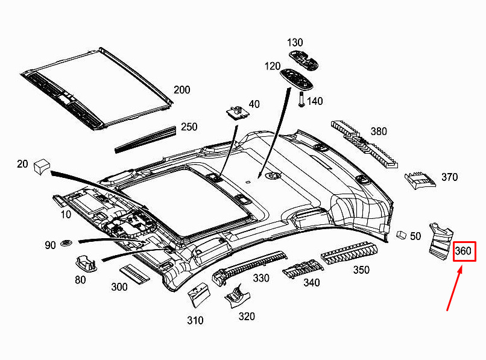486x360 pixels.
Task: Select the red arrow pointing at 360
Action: [455, 288]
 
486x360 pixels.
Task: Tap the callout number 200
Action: [181, 90]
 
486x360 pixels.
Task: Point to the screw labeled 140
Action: [301, 99]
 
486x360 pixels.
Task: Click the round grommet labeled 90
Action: [66, 243]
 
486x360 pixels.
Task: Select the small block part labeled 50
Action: [402, 235]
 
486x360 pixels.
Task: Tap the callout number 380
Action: [379, 131]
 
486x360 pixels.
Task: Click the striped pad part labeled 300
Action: [134, 274]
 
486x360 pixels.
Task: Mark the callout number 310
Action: [195, 320]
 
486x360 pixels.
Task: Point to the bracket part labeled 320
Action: [237, 296]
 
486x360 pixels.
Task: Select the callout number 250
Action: [189, 127]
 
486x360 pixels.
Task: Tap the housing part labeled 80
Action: [86, 263]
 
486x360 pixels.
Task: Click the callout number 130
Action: [295, 42]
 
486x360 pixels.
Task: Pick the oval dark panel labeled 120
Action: [296, 80]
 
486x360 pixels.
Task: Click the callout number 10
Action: [66, 214]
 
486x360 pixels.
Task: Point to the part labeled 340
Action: [303, 270]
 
